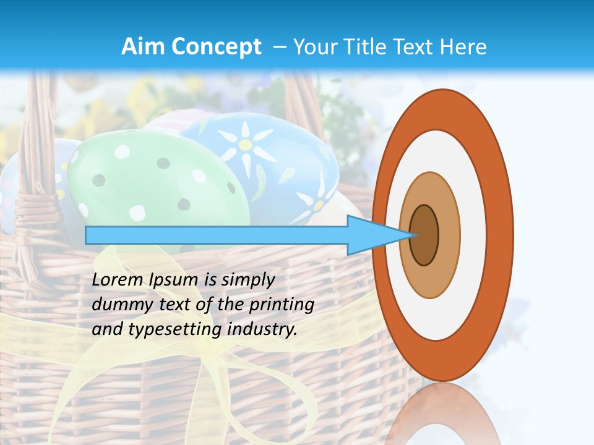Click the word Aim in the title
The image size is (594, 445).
pyautogui.click(x=141, y=47)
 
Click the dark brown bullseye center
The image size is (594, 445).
pyautogui.click(x=424, y=235)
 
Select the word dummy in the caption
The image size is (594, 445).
pyautogui.click(x=118, y=305)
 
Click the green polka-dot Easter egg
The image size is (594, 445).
pyautogui.click(x=155, y=179)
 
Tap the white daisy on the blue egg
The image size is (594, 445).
pyautogui.click(x=246, y=145)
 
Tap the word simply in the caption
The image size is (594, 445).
pyautogui.click(x=247, y=280)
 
